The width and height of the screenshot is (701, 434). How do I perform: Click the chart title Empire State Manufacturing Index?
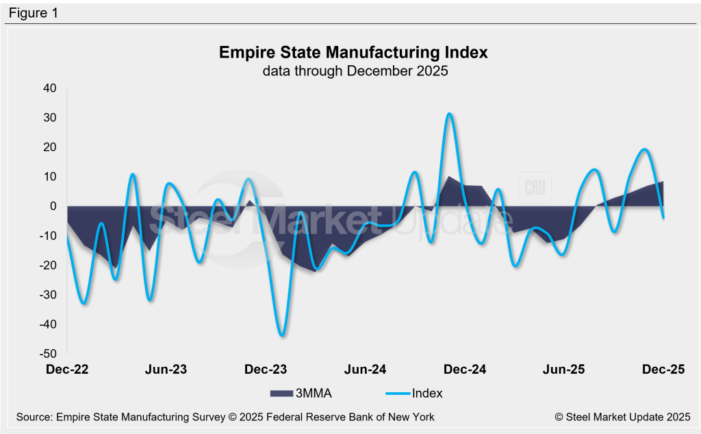(353, 53)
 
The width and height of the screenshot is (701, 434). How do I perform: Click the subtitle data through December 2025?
(353, 71)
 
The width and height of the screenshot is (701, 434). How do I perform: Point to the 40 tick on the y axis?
(51, 88)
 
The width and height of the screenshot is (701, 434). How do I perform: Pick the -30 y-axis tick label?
(49, 295)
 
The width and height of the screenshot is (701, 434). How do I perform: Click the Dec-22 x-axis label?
(67, 370)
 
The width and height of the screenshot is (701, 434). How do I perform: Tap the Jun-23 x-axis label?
(166, 370)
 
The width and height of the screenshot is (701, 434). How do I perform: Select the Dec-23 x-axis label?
(266, 370)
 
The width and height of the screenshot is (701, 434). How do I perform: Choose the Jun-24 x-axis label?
(365, 370)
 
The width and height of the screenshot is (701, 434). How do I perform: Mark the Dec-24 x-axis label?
(465, 370)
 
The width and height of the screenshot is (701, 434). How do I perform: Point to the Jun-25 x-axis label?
(564, 370)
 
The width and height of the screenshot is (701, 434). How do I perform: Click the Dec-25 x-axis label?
(663, 370)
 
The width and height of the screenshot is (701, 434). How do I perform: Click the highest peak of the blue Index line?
(449, 114)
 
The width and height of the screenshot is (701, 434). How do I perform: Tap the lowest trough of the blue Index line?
(282, 335)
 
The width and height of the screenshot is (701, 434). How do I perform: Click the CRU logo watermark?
(535, 189)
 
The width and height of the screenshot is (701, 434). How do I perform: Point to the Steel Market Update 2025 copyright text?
(622, 416)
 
